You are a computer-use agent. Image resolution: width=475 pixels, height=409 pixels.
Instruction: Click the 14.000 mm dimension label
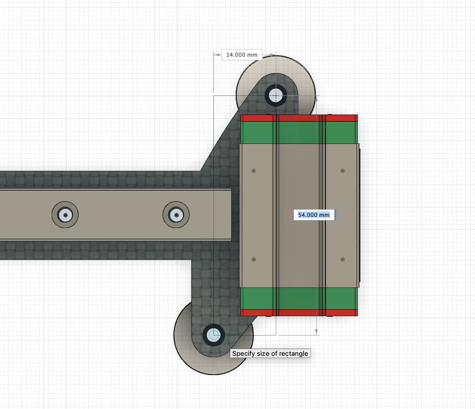[242, 55]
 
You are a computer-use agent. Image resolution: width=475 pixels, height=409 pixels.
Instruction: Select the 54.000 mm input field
[314, 215]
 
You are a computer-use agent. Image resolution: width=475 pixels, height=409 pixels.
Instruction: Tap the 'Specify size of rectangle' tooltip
[270, 353]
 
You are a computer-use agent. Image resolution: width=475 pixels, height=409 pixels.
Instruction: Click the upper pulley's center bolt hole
[276, 95]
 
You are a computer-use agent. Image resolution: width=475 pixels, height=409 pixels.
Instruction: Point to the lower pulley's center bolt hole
[213, 335]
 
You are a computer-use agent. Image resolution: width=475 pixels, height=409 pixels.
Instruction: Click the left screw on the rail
[65, 215]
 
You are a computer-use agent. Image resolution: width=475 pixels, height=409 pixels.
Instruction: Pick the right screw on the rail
[176, 215]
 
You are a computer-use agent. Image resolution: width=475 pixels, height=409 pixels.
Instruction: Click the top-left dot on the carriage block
[254, 171]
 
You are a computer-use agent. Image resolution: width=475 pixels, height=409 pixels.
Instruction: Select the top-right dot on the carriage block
[343, 171]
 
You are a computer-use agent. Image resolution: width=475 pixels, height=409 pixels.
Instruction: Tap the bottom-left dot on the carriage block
[254, 259]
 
